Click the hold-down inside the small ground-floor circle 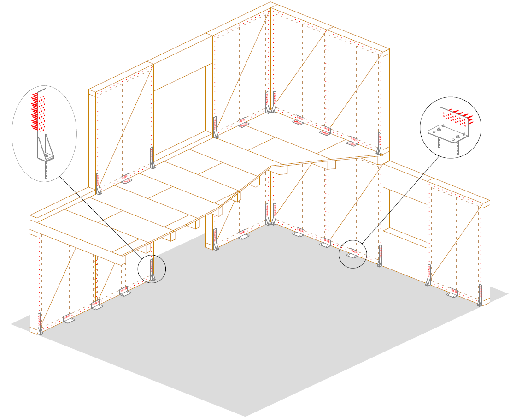pyautogui.click(x=152, y=270)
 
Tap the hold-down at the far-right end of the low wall pyautogui.click(x=480, y=295)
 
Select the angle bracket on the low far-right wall pyautogui.click(x=453, y=293)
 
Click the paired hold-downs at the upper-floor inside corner pyautogui.click(x=270, y=102)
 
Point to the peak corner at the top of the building pyautogui.click(x=270, y=4)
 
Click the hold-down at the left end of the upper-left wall pyautogui.click(x=98, y=184)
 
